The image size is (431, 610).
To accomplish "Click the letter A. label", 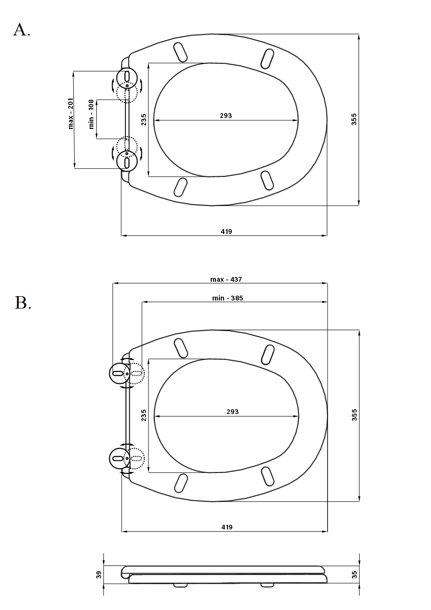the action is point(22,30).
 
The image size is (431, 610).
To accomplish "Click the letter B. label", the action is point(23,302).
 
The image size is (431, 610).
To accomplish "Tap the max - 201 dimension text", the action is point(71,113).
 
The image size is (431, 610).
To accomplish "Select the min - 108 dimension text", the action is point(91,114).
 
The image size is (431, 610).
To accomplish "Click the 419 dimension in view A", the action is point(227,231).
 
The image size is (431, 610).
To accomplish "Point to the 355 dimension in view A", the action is point(354,119).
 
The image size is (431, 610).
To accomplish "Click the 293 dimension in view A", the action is point(226,115).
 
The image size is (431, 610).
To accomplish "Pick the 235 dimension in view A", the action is point(144,119).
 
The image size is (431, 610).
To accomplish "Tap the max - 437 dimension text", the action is point(226,279).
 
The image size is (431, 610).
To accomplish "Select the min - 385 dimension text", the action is point(227,298).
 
